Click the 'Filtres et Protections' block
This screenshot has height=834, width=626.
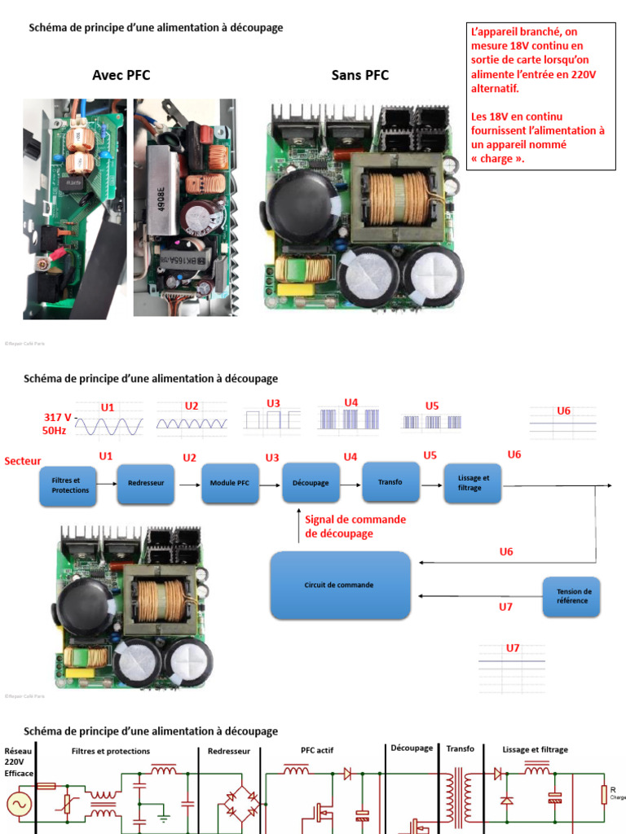click(x=71, y=486)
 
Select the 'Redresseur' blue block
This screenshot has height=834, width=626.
click(x=146, y=483)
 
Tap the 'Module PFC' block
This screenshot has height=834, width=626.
click(x=230, y=483)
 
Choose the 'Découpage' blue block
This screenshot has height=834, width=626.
click(x=311, y=483)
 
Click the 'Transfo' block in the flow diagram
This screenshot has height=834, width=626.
click(x=390, y=481)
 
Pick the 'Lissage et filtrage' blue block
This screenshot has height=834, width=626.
click(x=473, y=483)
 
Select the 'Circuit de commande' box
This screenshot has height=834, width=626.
click(x=341, y=585)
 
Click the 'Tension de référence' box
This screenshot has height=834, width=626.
click(x=575, y=596)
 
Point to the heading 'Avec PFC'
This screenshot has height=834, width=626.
click(x=121, y=76)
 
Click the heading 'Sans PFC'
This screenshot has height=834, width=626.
click(x=359, y=76)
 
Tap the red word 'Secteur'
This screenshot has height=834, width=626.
click(x=23, y=461)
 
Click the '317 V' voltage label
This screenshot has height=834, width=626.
click(x=57, y=417)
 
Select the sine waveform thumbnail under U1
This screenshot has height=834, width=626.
click(x=109, y=425)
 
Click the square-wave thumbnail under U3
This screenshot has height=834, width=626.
click(x=273, y=420)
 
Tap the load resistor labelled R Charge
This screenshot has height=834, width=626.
click(x=604, y=795)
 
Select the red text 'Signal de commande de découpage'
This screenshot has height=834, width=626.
click(x=355, y=526)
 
